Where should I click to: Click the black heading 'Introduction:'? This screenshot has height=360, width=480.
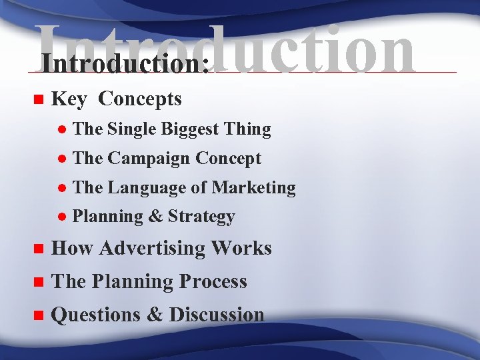pos(124,64)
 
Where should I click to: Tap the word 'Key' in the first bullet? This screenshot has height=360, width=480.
pos(69,99)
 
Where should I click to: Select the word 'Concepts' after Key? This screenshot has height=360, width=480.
pos(139,99)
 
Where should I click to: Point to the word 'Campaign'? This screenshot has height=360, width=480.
pos(149,159)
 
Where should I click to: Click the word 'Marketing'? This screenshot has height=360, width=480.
pos(253,188)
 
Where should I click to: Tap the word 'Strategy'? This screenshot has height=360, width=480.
pos(201,217)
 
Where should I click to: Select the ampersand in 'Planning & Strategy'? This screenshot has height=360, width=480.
pos(156,217)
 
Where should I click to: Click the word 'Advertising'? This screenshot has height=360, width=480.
pos(154,249)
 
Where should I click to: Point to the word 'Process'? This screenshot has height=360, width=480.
pos(212,282)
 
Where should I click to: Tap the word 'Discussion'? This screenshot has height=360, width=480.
pos(217,315)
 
